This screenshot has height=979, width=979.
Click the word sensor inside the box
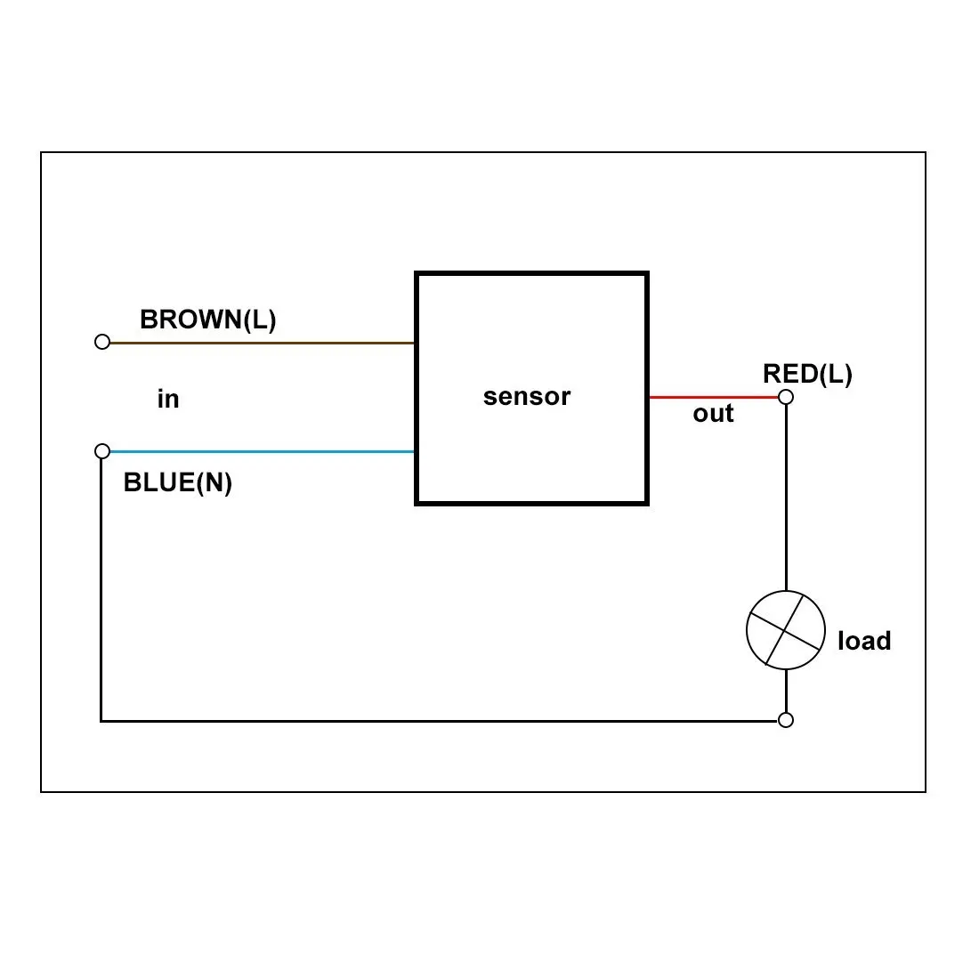(x=526, y=396)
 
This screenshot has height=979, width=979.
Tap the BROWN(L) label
(x=208, y=320)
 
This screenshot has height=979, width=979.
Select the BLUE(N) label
(x=178, y=482)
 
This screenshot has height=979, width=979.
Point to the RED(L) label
(x=807, y=374)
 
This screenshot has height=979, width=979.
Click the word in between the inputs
(x=168, y=399)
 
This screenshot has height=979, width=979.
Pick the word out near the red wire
(x=713, y=413)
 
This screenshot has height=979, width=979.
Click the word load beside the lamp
(x=864, y=641)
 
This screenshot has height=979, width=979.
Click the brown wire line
(x=263, y=343)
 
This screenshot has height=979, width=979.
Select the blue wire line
(x=263, y=451)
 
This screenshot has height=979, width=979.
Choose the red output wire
(x=714, y=397)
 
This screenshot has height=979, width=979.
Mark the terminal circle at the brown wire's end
(x=102, y=342)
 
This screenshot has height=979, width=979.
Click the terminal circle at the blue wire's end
(x=102, y=451)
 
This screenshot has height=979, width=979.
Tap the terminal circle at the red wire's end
(x=786, y=397)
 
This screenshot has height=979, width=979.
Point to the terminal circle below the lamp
(x=786, y=720)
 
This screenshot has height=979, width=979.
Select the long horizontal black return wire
(x=439, y=721)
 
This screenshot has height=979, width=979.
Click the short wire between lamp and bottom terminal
(x=786, y=691)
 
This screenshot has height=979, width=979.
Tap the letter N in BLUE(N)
(x=214, y=482)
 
